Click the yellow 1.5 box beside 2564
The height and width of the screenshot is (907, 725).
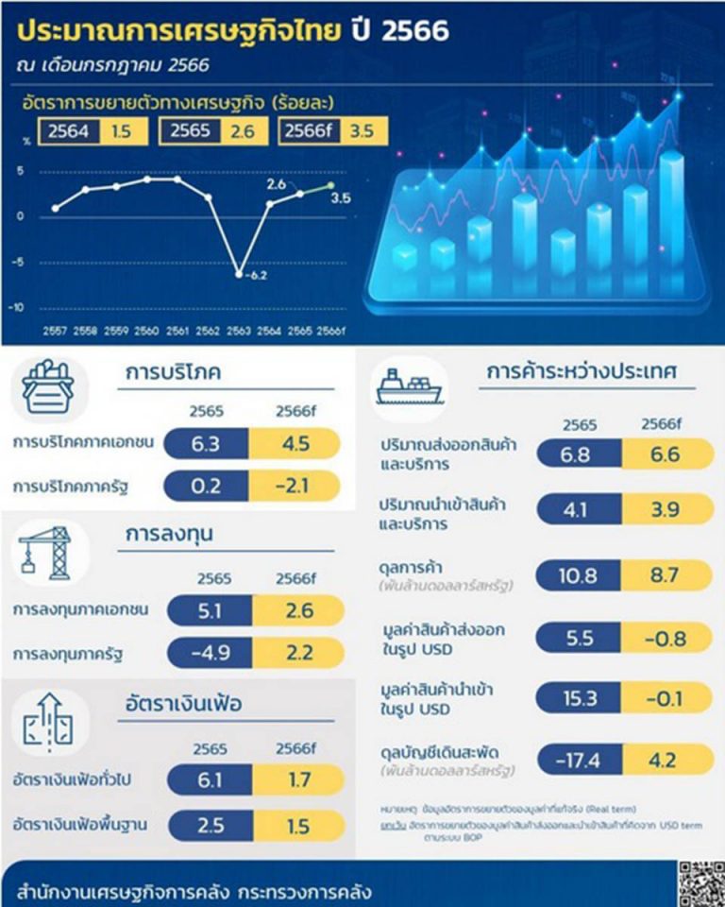121,132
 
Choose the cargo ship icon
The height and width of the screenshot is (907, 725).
409,386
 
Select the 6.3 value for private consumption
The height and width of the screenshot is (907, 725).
206,444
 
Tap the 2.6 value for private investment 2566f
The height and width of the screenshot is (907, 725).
297,610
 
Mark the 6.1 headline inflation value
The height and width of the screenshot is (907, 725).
211,780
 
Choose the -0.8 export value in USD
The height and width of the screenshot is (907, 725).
666,636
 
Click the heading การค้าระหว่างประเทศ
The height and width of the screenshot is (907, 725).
582,371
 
